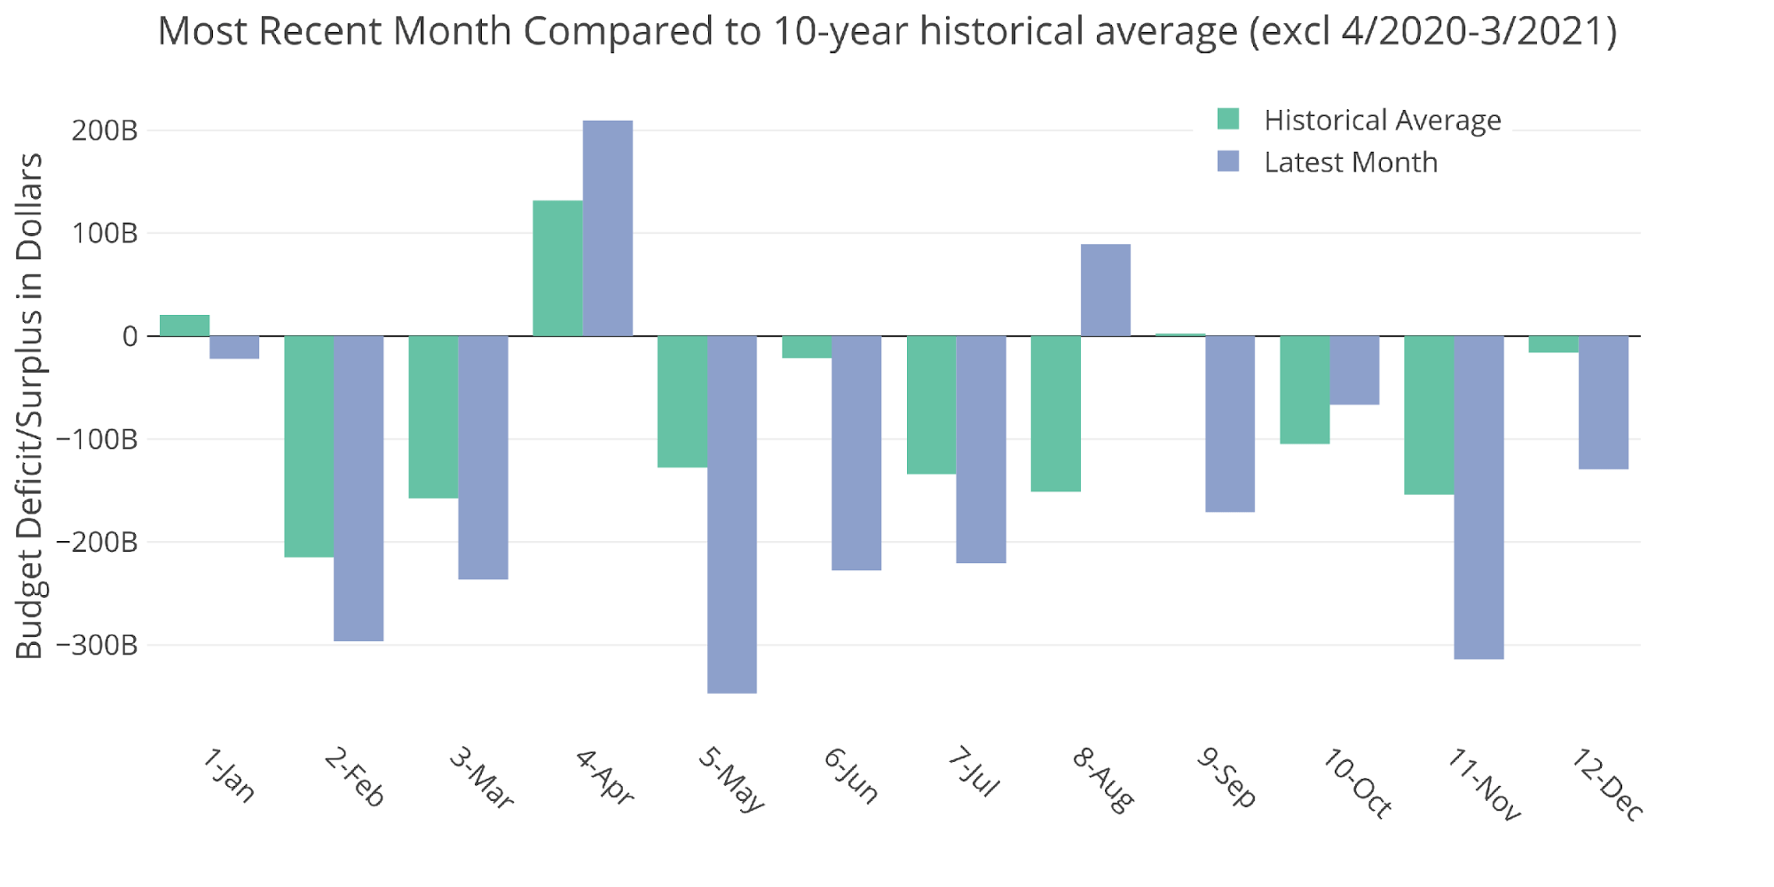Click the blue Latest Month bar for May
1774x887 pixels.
coord(732,514)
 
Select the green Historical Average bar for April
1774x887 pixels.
coord(557,269)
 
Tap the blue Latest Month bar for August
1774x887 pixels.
coord(1106,290)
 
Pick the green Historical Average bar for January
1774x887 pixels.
coord(185,326)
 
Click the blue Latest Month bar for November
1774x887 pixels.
coord(1479,497)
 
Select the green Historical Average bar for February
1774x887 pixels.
coord(309,446)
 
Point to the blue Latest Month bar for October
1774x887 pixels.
coord(1354,370)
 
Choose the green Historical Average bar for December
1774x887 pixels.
coord(1553,344)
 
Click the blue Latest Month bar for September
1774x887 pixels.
coord(1230,423)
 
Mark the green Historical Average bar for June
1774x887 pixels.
coord(807,347)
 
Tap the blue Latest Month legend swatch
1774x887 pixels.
coord(1228,161)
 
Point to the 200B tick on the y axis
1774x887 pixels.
coord(105,130)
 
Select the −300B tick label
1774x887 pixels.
coord(98,645)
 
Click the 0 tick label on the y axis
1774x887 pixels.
coord(130,336)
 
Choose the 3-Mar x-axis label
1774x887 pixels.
coord(480,778)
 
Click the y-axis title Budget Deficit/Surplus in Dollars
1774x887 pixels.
coord(29,405)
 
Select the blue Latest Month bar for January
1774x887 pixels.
coord(234,347)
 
